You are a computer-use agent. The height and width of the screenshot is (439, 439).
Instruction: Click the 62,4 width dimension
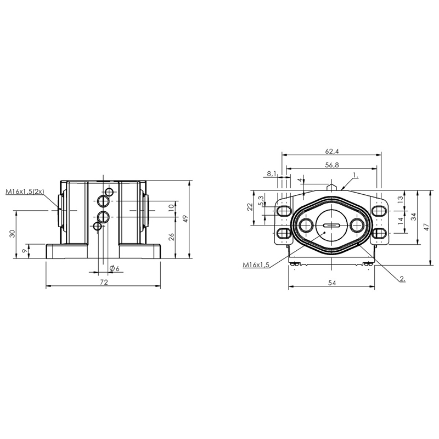(332, 151)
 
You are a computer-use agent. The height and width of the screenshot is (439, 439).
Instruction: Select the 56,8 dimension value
(332, 165)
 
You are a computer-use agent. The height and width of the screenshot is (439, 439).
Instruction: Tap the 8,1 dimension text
(271, 174)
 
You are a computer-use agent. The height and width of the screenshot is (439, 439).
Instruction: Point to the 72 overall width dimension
(104, 282)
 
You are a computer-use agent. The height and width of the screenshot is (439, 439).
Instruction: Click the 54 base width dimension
(332, 283)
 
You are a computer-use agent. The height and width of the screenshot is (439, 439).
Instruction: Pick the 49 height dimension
(185, 218)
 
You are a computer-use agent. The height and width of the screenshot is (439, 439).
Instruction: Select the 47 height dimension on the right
(426, 227)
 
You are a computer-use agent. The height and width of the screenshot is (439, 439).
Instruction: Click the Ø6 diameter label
(115, 268)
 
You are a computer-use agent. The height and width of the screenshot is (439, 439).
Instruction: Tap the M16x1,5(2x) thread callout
(25, 192)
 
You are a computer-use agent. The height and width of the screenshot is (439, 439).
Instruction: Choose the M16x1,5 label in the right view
(256, 265)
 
